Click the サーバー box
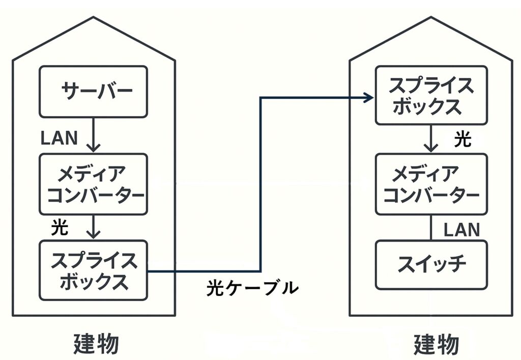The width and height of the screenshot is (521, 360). pos(94,92)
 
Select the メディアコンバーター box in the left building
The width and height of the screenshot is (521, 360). pos(94,184)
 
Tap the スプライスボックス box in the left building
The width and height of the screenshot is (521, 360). pos(94,270)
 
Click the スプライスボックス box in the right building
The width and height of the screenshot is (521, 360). pos(431,95)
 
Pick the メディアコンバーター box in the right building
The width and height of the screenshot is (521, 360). pos(431,184)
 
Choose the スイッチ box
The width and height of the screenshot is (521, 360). pos(431,265)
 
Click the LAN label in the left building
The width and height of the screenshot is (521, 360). pos(59,137)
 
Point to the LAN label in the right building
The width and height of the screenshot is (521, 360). pos(462,230)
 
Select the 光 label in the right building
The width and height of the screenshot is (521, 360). pos(463,139)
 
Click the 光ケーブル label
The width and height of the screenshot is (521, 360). pos(252,288)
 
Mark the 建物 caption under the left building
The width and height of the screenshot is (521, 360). pos(96,344)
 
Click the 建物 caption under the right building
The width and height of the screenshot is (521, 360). pos(437,344)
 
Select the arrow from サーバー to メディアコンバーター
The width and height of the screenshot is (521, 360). pos(94,134)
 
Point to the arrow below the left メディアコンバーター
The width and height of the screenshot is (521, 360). pos(94,227)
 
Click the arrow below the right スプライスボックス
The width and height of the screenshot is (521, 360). pos(431,139)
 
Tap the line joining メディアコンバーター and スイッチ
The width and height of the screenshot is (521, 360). pos(431,228)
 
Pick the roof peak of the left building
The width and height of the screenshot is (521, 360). pos(94,17)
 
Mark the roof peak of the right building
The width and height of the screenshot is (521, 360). pos(431,17)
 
